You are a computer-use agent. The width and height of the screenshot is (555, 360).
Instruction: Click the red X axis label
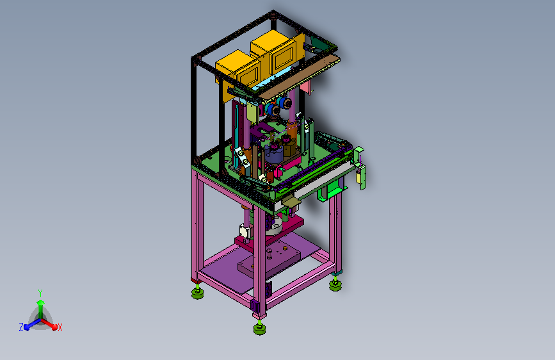pos(60,327)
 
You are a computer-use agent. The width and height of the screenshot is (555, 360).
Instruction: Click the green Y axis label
pos(40,293)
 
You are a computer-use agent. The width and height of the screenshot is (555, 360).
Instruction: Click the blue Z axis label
pos(21,327)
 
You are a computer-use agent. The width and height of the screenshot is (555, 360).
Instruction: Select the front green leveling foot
pos(259,329)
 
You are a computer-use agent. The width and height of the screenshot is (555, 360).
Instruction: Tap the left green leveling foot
pos(198,292)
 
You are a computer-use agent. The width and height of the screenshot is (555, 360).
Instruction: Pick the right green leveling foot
pos(335,284)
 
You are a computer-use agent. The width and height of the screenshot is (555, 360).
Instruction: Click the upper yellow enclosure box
pos(278,51)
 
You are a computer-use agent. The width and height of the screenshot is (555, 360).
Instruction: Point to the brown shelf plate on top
pos(300,76)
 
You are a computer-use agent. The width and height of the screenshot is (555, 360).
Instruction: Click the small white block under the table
pos(246,231)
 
